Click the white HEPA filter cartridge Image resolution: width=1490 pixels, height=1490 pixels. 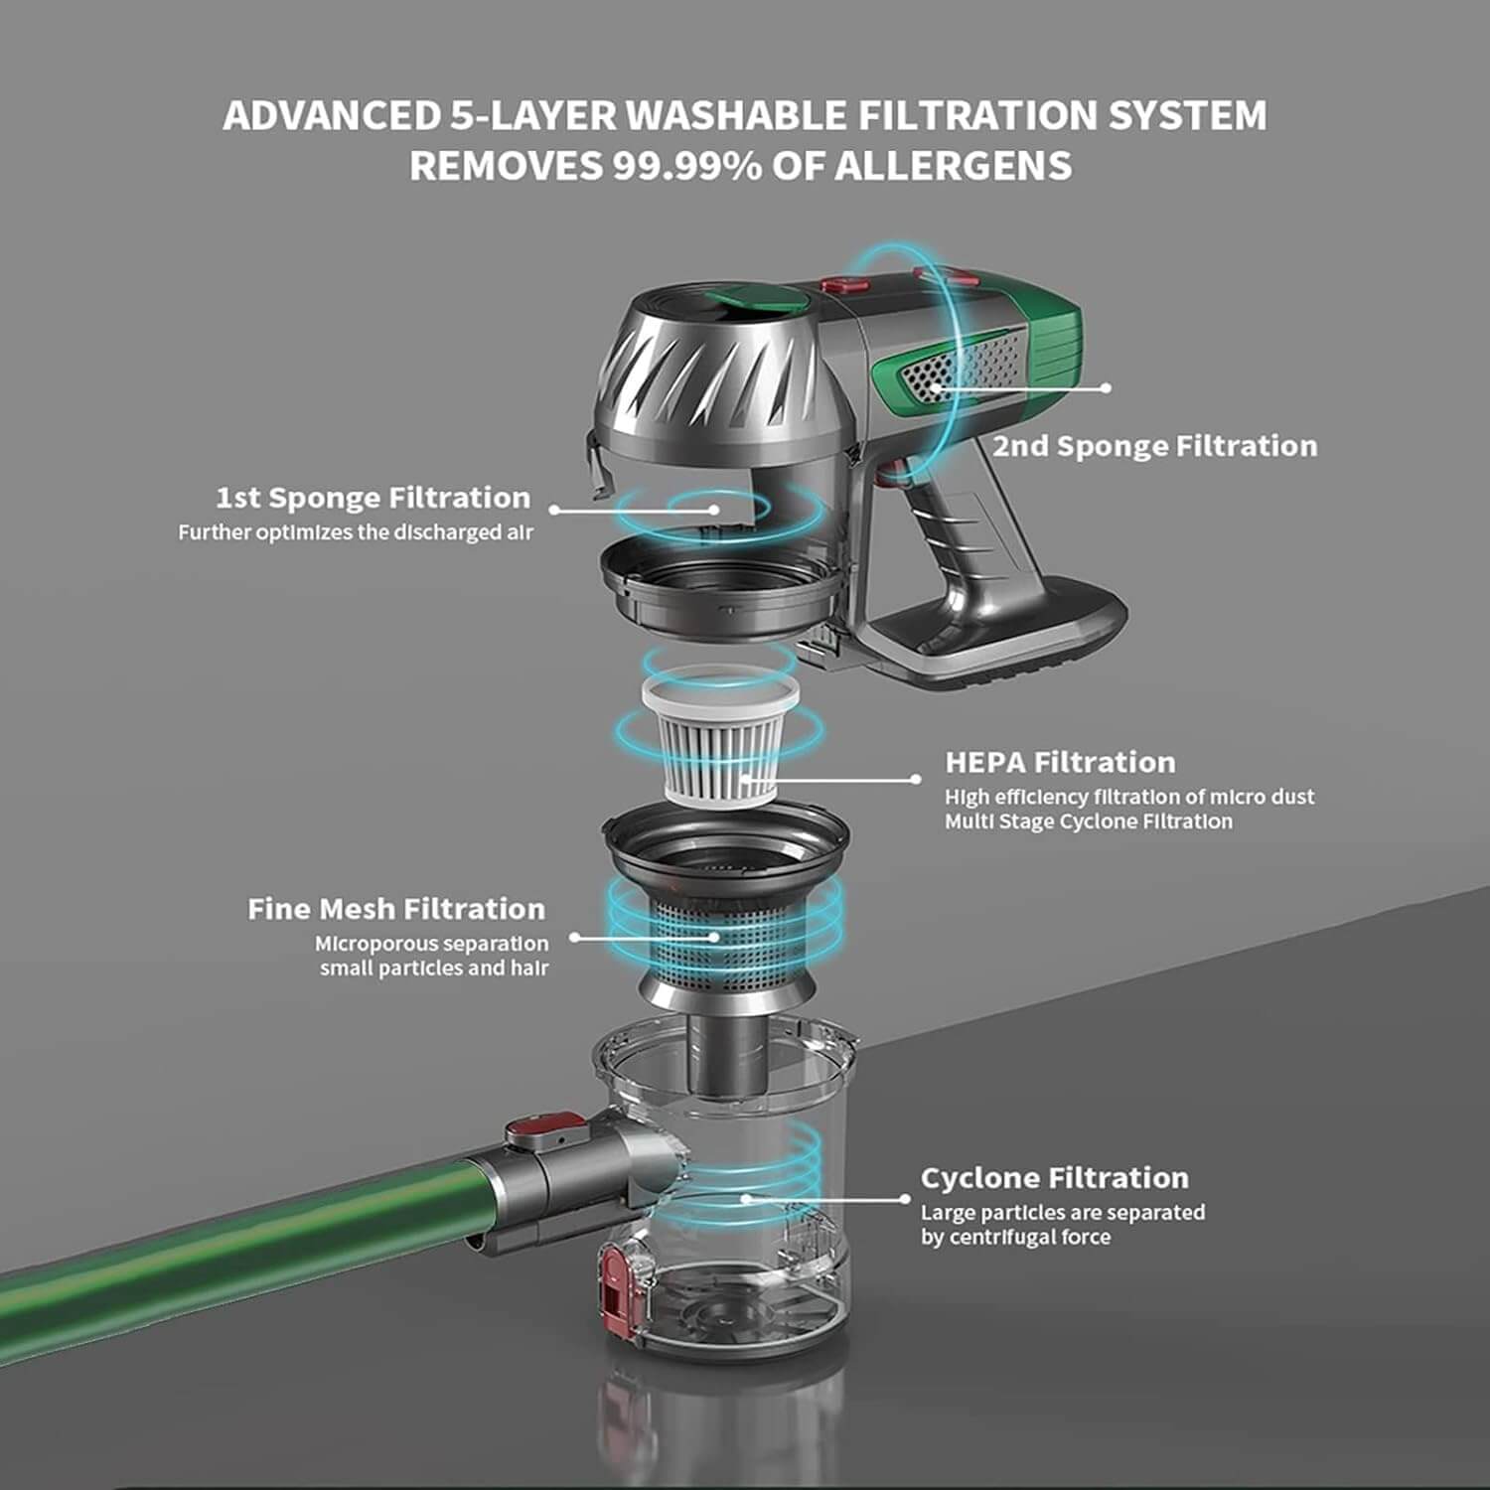720,738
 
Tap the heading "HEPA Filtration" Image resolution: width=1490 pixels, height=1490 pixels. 1060,763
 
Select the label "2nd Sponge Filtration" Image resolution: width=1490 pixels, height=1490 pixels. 1155,446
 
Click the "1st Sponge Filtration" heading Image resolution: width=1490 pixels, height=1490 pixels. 373,498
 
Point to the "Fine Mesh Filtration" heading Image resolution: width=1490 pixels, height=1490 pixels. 396,909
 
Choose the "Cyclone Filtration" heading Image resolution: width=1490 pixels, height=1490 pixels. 1054,1178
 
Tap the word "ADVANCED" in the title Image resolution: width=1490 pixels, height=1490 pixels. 332,115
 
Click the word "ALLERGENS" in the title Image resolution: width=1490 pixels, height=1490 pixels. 953,165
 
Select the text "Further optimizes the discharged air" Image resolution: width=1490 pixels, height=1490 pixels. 356,532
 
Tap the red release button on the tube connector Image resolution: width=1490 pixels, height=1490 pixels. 545,1130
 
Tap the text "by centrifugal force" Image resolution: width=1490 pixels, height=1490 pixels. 1015,1238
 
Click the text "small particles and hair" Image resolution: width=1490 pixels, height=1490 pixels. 433,968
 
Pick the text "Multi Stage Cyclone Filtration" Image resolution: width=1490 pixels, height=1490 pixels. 1089,821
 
